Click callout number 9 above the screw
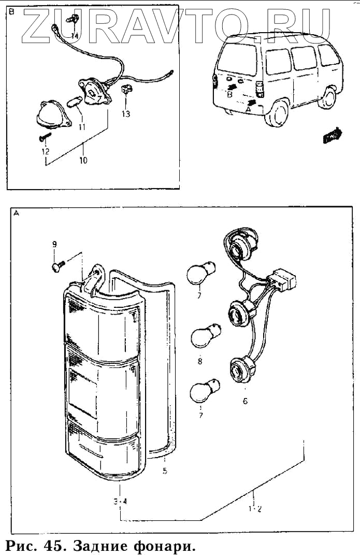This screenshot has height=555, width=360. point(54,244)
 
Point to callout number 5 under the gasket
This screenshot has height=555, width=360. point(164,472)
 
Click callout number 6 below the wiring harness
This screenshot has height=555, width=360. point(245,401)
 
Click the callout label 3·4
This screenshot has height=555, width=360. point(120,502)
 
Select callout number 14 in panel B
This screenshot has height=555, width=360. point(75,36)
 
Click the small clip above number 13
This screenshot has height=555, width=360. point(125,91)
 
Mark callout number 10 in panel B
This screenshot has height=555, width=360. point(83,161)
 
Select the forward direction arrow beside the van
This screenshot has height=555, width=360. point(332,136)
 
